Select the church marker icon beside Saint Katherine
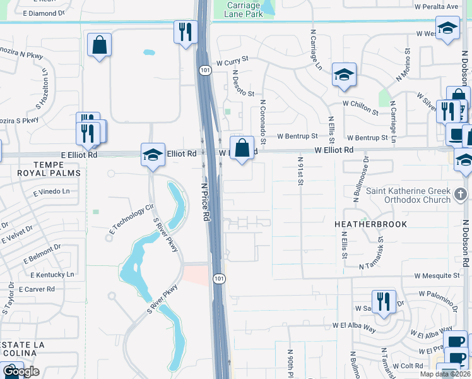462,195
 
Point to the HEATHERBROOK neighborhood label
373,224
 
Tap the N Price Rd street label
206,202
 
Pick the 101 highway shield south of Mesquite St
218,278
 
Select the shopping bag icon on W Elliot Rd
242,149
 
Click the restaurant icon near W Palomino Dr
384,302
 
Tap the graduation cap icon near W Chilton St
345,75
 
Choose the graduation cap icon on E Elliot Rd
153,154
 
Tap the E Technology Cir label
133,217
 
